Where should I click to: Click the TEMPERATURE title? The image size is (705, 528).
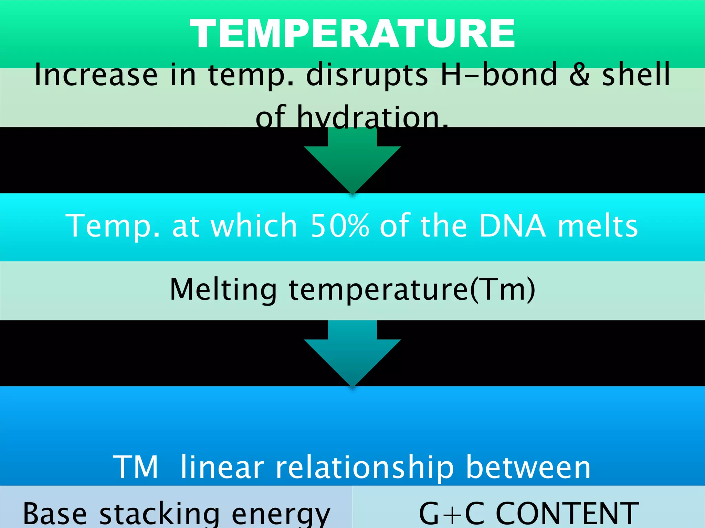pyautogui.click(x=352, y=33)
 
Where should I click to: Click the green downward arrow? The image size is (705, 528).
pyautogui.click(x=352, y=162)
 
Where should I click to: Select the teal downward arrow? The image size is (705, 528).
pyautogui.click(x=352, y=354)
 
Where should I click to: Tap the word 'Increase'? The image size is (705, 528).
pyautogui.click(x=96, y=75)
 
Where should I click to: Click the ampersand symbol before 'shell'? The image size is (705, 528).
pyautogui.click(x=579, y=75)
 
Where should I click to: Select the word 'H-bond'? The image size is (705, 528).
pyautogui.click(x=499, y=75)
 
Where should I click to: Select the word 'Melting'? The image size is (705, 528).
pyautogui.click(x=223, y=289)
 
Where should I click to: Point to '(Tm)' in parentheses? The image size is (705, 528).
pyautogui.click(x=503, y=289)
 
